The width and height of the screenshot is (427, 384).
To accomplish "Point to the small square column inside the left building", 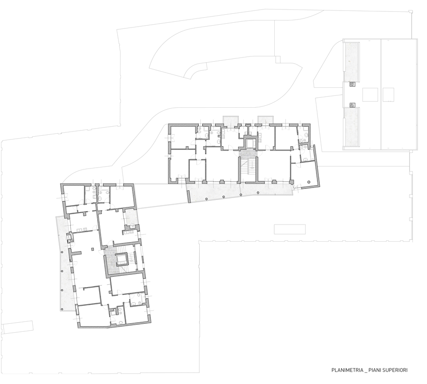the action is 93,249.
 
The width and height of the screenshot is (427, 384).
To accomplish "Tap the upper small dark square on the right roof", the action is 353,84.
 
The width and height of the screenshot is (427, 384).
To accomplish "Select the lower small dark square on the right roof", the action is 353,104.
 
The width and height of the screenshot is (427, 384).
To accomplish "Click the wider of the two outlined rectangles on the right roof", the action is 370,95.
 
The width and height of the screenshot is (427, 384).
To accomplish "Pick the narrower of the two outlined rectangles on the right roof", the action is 388,95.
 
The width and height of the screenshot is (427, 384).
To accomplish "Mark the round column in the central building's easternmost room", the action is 309,182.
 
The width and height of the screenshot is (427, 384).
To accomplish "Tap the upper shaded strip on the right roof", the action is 353,62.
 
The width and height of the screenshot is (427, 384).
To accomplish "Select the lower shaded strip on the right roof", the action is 352,127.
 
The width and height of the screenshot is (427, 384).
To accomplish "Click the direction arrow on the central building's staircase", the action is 252,166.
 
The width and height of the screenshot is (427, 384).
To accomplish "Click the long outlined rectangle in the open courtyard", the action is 290,229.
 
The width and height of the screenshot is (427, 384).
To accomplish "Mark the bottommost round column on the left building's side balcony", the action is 62,309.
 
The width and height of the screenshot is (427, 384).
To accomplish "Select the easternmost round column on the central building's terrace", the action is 258,192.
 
